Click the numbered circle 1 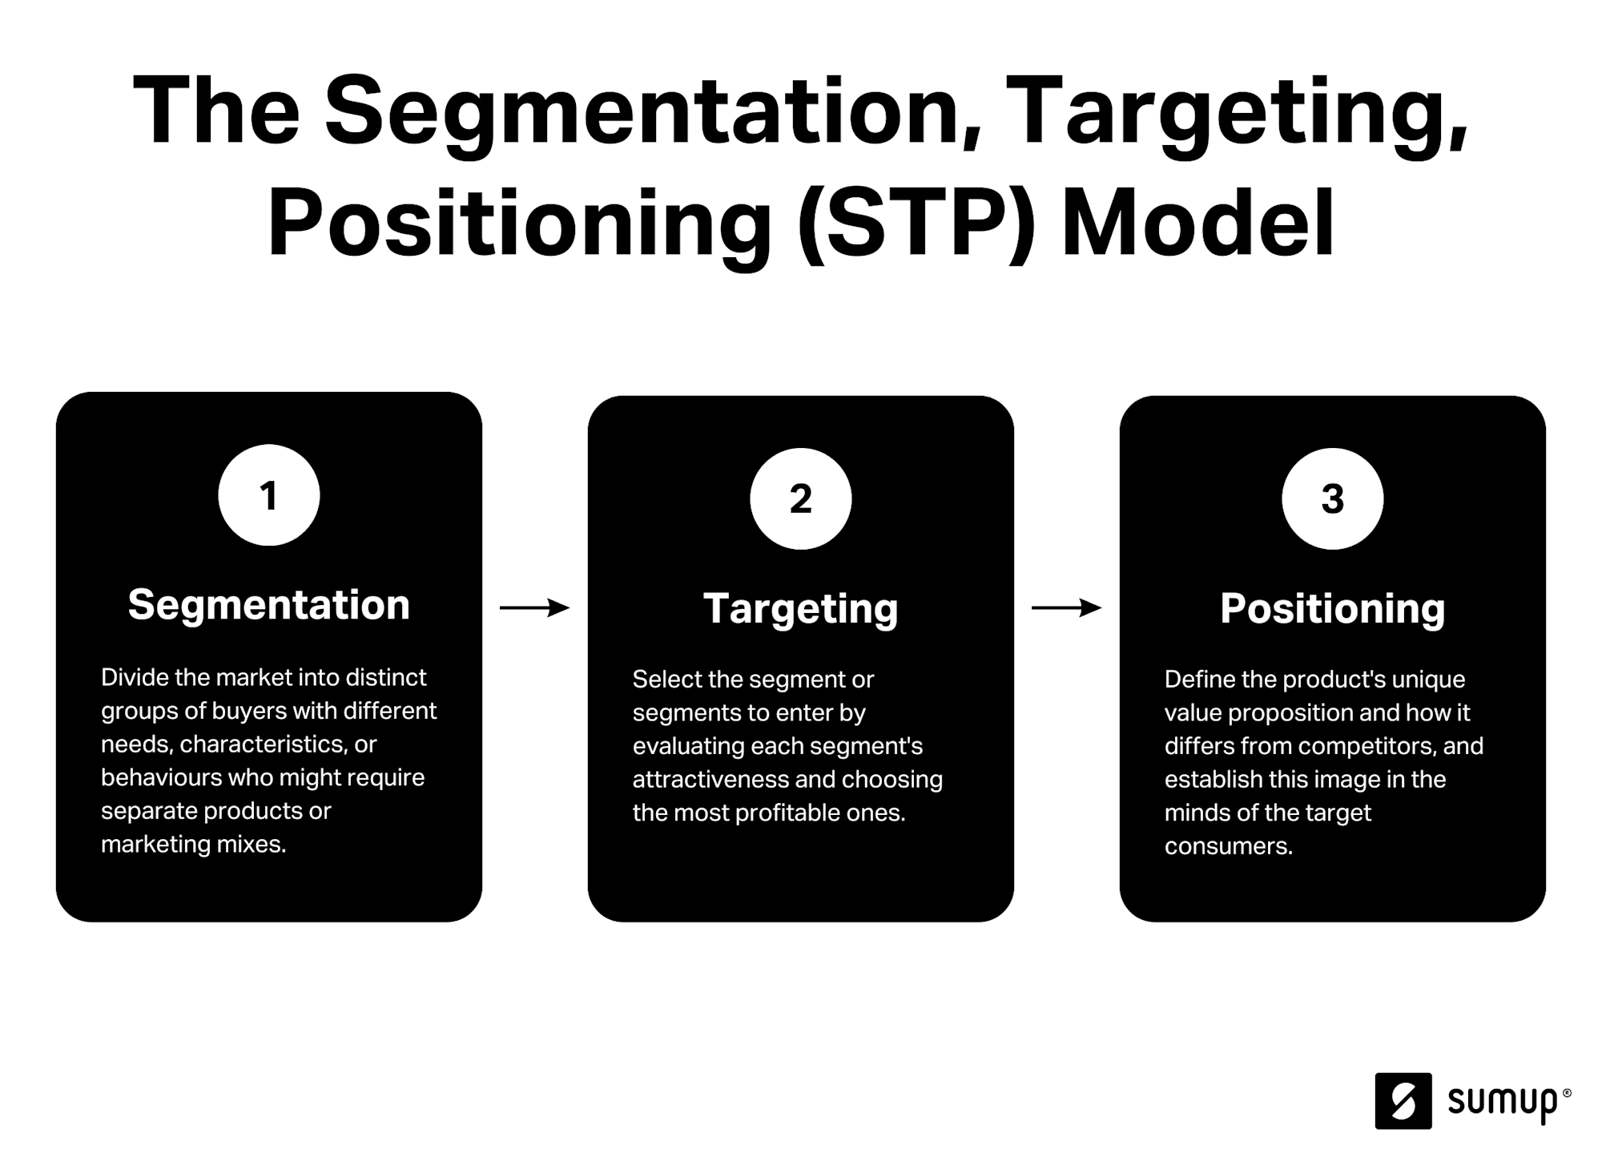pyautogui.click(x=268, y=495)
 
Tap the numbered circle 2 pyautogui.click(x=800, y=498)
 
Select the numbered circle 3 pyautogui.click(x=1332, y=498)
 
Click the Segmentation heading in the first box pyautogui.click(x=268, y=604)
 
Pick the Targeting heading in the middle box pyautogui.click(x=800, y=608)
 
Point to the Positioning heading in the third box pyautogui.click(x=1332, y=608)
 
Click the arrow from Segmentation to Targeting pyautogui.click(x=534, y=608)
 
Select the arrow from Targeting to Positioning pyautogui.click(x=1066, y=608)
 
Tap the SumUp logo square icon pyautogui.click(x=1403, y=1100)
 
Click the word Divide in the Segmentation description pyautogui.click(x=135, y=678)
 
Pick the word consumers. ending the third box pyautogui.click(x=1228, y=846)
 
